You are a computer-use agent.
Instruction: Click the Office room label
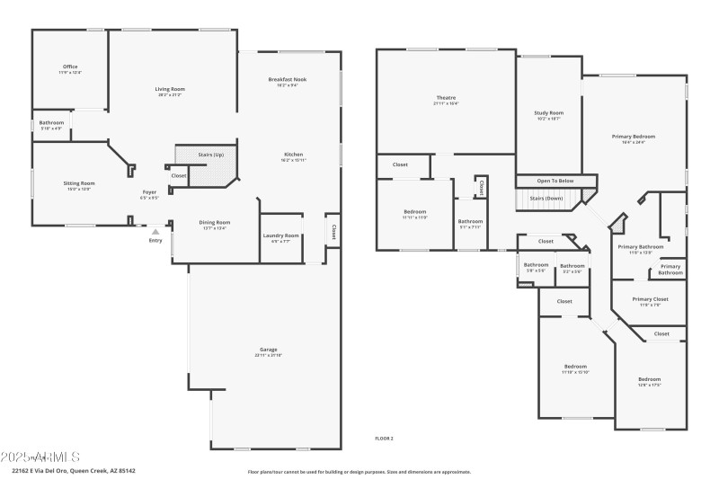(x=70, y=67)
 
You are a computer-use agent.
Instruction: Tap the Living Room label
(x=170, y=89)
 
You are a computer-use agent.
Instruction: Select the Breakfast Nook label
(x=288, y=80)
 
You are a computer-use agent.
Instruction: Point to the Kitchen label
(x=294, y=155)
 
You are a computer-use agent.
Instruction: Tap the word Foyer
(x=150, y=192)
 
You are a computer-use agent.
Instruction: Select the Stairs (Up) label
(x=210, y=155)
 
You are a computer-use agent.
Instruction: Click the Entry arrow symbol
(x=155, y=232)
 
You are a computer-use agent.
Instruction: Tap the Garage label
(x=268, y=350)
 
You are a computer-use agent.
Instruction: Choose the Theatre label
(x=446, y=98)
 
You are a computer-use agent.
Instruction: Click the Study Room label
(x=548, y=113)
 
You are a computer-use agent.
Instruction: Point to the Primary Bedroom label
(x=628, y=137)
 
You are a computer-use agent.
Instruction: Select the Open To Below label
(x=555, y=181)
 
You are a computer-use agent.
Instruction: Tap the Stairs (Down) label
(x=546, y=198)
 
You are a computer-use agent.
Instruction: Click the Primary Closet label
(x=650, y=299)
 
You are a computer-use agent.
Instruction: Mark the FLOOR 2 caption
(x=384, y=438)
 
